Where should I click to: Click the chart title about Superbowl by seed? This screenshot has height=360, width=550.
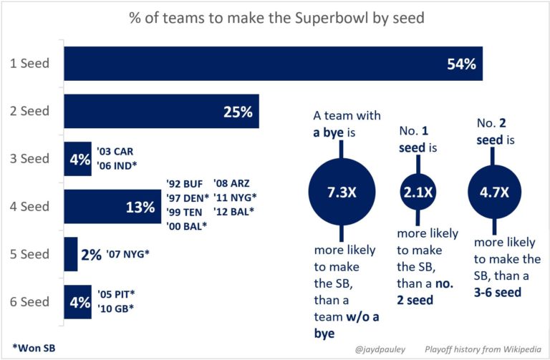(275, 17)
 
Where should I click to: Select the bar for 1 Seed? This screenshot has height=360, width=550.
(273, 63)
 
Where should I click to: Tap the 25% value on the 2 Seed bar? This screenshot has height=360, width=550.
(236, 112)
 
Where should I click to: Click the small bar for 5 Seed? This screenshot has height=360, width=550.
(71, 254)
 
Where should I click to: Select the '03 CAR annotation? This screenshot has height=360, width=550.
(115, 152)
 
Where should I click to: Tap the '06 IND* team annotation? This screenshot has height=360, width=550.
(117, 166)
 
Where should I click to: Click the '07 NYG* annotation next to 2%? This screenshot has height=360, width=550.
(130, 254)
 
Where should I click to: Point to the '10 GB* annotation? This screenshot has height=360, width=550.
(115, 308)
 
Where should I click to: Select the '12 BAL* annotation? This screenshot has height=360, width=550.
(236, 213)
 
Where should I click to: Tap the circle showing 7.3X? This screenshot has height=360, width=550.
(340, 192)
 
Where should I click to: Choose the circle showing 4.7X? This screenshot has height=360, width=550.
(494, 192)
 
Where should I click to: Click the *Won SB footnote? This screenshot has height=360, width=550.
(34, 348)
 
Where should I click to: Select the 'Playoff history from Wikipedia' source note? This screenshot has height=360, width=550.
(478, 349)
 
